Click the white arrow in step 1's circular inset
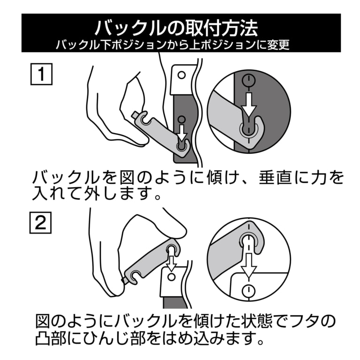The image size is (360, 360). point(248,104)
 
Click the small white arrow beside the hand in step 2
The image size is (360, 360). point(172,262)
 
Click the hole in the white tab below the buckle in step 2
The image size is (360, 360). point(172,278)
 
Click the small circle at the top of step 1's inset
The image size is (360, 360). point(248,79)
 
